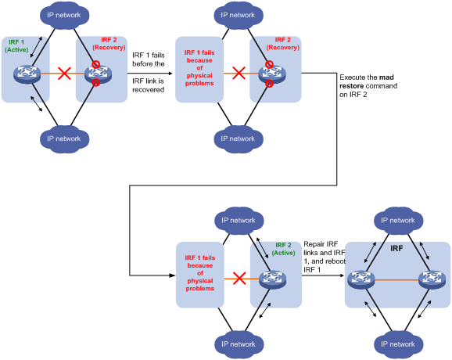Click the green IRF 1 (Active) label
pos(16,46)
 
